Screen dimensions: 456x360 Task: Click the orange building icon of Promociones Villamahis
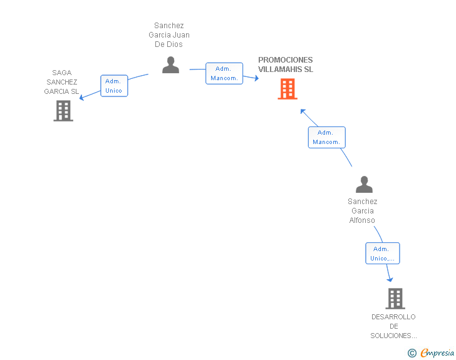coord(288,89)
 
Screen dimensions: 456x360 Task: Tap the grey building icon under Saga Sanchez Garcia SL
coord(63,111)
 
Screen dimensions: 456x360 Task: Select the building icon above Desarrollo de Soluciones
coord(395,299)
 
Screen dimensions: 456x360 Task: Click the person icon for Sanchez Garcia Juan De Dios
coord(171,65)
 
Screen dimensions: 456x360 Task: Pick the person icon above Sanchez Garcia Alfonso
coord(364,184)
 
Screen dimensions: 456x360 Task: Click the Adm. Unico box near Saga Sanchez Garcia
coord(114,86)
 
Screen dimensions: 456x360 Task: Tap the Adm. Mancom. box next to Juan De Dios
coord(224,73)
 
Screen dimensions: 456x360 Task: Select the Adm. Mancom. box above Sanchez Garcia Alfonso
coord(327,137)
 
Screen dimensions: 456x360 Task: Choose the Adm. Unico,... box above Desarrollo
coord(383,254)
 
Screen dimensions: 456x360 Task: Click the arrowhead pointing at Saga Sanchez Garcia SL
coord(81,98)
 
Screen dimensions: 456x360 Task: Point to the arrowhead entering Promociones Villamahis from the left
coord(257,78)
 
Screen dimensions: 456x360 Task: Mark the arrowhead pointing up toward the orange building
coord(303,111)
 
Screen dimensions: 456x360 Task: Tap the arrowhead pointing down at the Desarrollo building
coord(390,279)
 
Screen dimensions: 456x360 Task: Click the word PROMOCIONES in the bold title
coord(285,60)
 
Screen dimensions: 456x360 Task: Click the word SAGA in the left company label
coord(62,73)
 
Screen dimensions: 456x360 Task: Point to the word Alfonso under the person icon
coord(362,220)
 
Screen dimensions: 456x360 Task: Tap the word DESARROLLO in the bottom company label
coord(393,317)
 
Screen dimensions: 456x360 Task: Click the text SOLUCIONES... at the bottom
coord(393,336)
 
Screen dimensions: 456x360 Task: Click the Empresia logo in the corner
coord(431,352)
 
